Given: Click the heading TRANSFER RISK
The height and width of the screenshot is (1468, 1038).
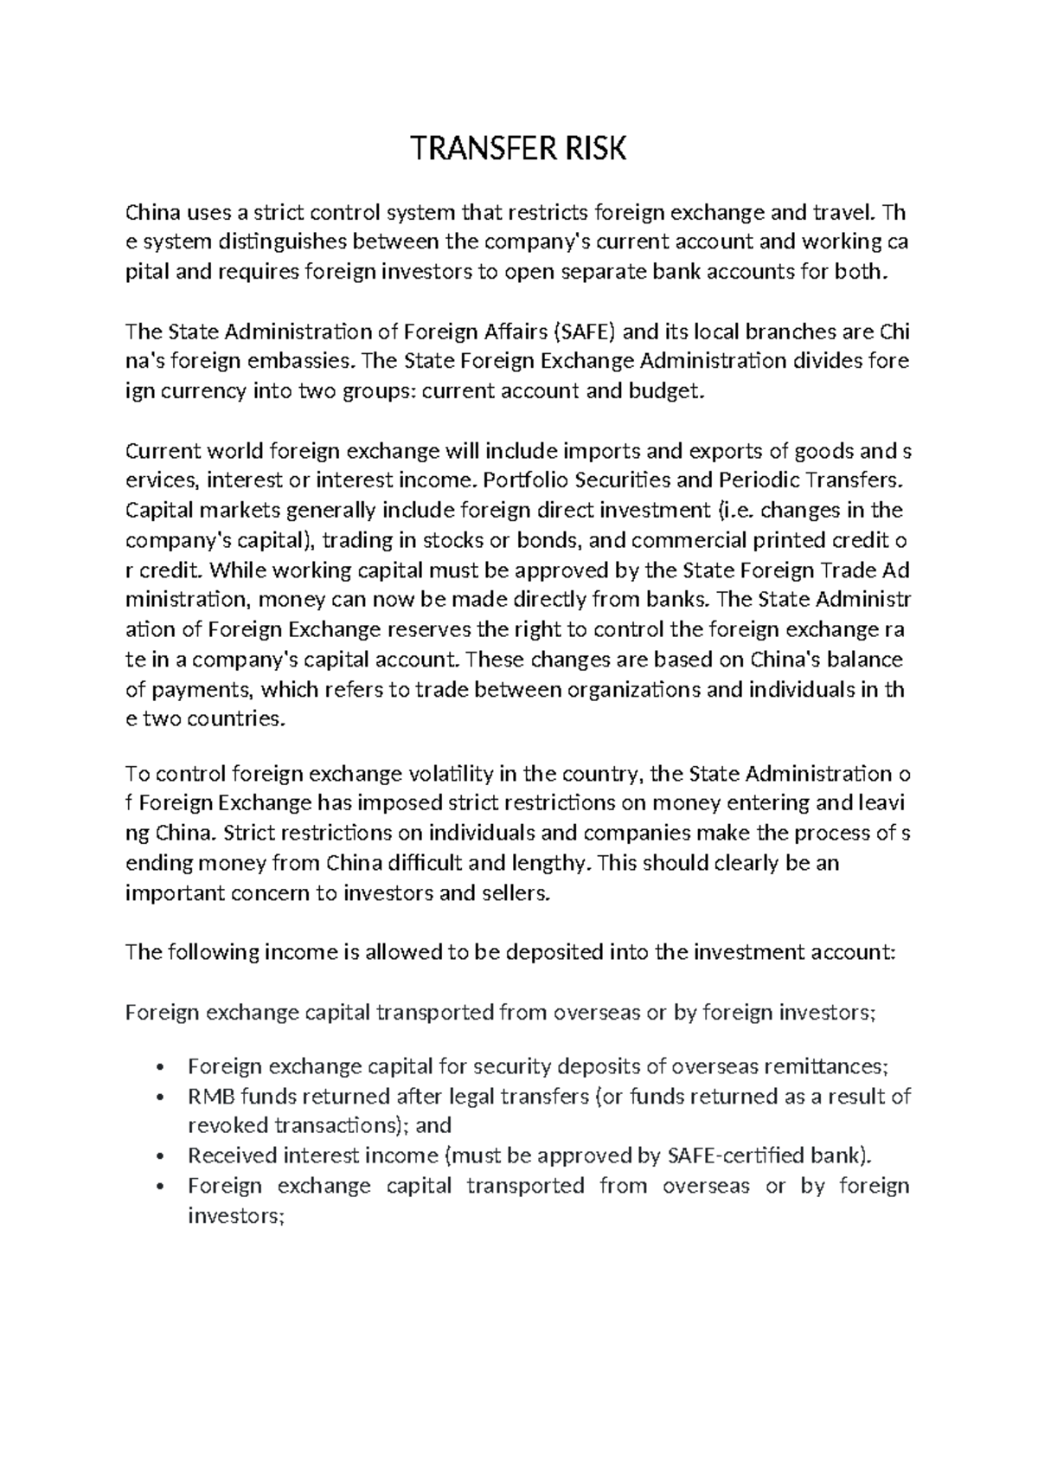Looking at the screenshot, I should [518, 150].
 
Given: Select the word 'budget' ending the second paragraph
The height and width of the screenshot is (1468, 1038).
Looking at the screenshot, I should [663, 391].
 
